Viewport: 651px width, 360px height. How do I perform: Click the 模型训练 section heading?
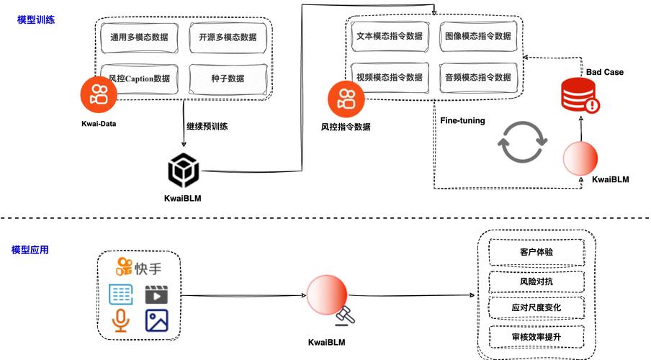pyautogui.click(x=36, y=20)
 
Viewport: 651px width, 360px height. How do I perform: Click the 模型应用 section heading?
pyautogui.click(x=30, y=250)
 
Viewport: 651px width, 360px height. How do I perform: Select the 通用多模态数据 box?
pyautogui.click(x=139, y=37)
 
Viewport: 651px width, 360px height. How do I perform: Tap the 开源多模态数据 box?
pyautogui.click(x=233, y=37)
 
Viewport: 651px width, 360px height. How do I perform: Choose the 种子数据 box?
pyautogui.click(x=233, y=78)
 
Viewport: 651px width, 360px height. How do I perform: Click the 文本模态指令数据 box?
pyautogui.click(x=389, y=35)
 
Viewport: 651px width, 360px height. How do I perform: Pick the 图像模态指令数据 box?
pyautogui.click(x=478, y=35)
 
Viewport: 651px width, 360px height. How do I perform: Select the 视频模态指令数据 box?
pyautogui.click(x=389, y=77)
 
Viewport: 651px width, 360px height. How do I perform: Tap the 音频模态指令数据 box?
pyautogui.click(x=478, y=77)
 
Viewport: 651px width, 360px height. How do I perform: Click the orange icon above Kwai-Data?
pyautogui.click(x=99, y=96)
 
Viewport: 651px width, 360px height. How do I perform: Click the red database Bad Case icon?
pyautogui.click(x=580, y=96)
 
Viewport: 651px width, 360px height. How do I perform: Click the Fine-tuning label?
pyautogui.click(x=462, y=120)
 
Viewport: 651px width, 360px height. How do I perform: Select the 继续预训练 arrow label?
pyautogui.click(x=207, y=127)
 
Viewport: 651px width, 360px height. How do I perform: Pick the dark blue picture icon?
pyautogui.click(x=156, y=320)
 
